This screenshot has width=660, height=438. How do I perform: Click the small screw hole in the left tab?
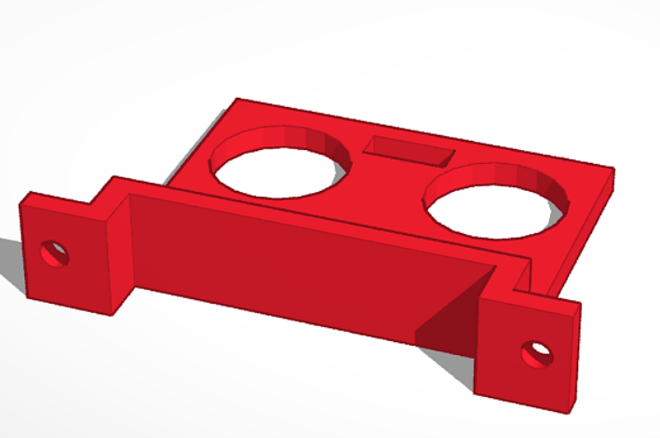54,253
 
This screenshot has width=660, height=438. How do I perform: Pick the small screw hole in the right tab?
537,353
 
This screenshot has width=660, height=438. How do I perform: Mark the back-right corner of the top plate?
613,170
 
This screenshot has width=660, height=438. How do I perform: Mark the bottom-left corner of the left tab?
28,298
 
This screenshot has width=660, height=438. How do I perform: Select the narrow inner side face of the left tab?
120,256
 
